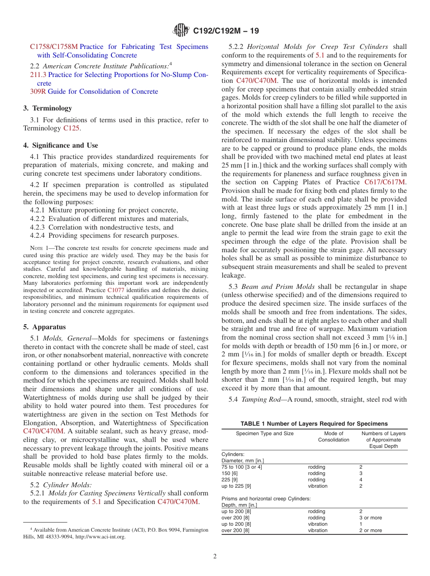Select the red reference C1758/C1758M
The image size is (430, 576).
pyautogui.click(x=54, y=47)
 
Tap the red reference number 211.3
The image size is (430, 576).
pyautogui.click(x=38, y=75)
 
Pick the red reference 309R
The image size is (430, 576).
pyautogui.click(x=38, y=91)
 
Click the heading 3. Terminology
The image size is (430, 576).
pyautogui.click(x=48, y=108)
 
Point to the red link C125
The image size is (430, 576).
pyautogui.click(x=71, y=128)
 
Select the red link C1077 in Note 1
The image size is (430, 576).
pyautogui.click(x=116, y=290)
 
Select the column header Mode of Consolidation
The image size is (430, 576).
pyautogui.click(x=334, y=437)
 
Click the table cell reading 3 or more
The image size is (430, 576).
pyautogui.click(x=370, y=518)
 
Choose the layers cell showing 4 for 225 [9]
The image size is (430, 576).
pyautogui.click(x=361, y=480)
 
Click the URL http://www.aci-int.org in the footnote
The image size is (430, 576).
pyautogui.click(x=100, y=537)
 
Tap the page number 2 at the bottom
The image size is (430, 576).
pyautogui.click(x=215, y=557)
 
